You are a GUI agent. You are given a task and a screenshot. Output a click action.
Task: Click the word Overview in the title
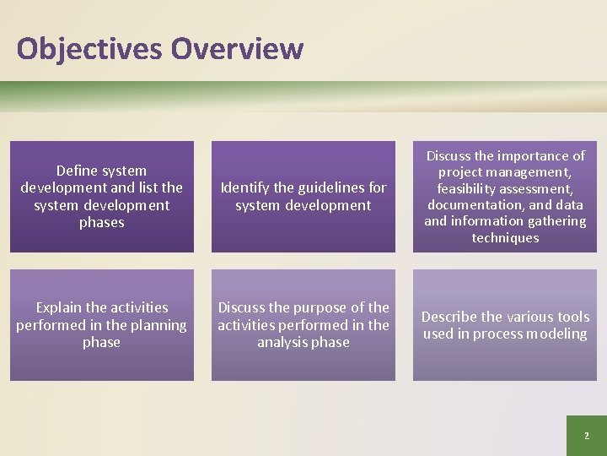(x=237, y=49)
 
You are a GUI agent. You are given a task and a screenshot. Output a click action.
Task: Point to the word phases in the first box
(x=101, y=223)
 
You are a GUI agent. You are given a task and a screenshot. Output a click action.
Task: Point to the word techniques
(x=505, y=238)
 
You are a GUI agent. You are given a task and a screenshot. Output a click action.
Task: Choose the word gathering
(x=552, y=221)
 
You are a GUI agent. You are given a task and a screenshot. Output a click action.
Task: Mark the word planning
(x=154, y=325)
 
